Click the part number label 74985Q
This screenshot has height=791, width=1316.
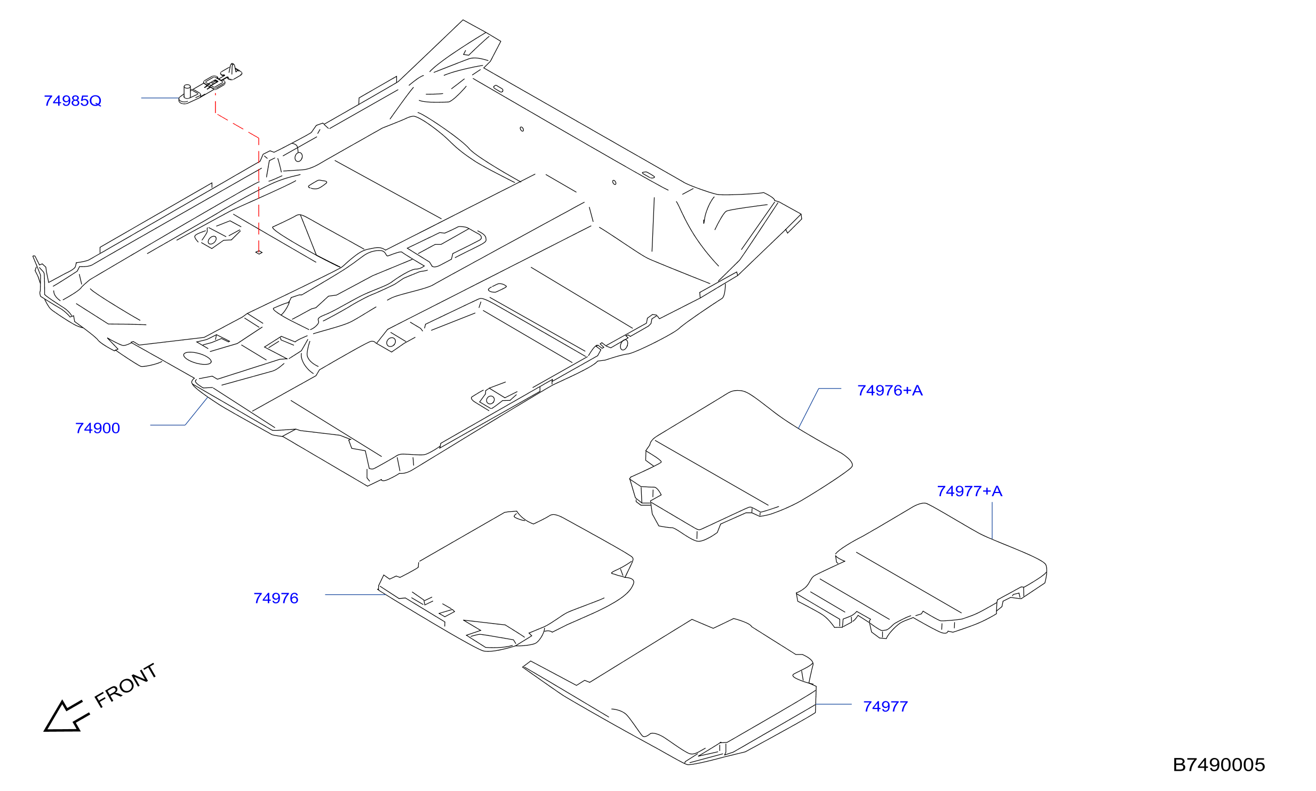pyautogui.click(x=73, y=101)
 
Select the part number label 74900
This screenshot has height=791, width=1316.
pyautogui.click(x=98, y=428)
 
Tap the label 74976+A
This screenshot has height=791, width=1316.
pyautogui.click(x=890, y=390)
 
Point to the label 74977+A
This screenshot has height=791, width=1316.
pyautogui.click(x=969, y=491)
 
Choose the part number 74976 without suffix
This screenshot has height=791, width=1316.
pyautogui.click(x=276, y=598)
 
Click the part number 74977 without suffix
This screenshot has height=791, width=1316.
pyautogui.click(x=886, y=706)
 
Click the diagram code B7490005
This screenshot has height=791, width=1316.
pyautogui.click(x=1219, y=765)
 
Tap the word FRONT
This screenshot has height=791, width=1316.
pyautogui.click(x=126, y=685)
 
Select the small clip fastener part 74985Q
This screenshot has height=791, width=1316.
pyautogui.click(x=210, y=84)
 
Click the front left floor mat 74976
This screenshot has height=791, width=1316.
pyautogui.click(x=506, y=581)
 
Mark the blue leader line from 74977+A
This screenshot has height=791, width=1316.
pyautogui.click(x=992, y=520)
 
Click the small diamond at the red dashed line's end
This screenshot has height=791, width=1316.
pyautogui.click(x=259, y=252)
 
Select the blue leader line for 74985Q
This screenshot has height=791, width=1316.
pyautogui.click(x=160, y=98)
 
